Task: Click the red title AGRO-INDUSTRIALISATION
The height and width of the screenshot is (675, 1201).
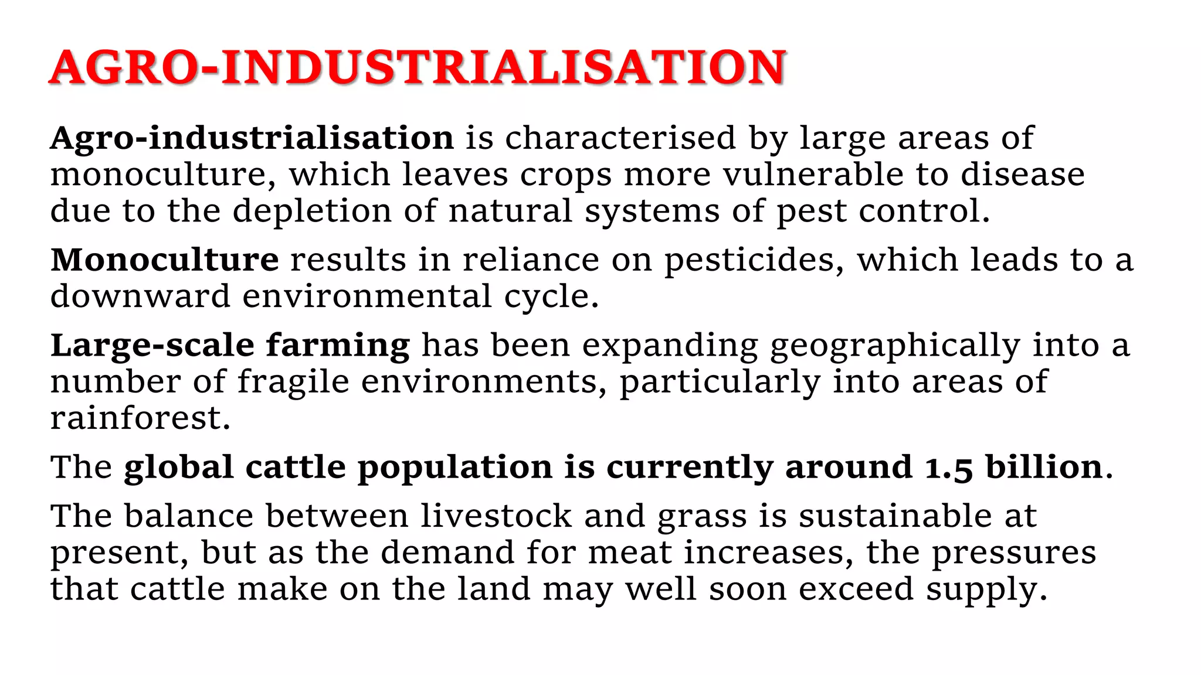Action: point(418,67)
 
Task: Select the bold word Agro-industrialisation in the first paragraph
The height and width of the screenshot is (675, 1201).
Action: point(252,139)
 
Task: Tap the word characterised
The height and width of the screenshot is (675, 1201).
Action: point(620,139)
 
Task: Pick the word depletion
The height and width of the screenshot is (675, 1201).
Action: point(312,212)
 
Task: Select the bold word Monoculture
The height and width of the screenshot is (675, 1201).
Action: point(165,260)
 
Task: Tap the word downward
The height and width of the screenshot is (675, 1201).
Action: point(140,296)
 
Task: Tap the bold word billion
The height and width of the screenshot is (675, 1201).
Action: point(1044,468)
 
